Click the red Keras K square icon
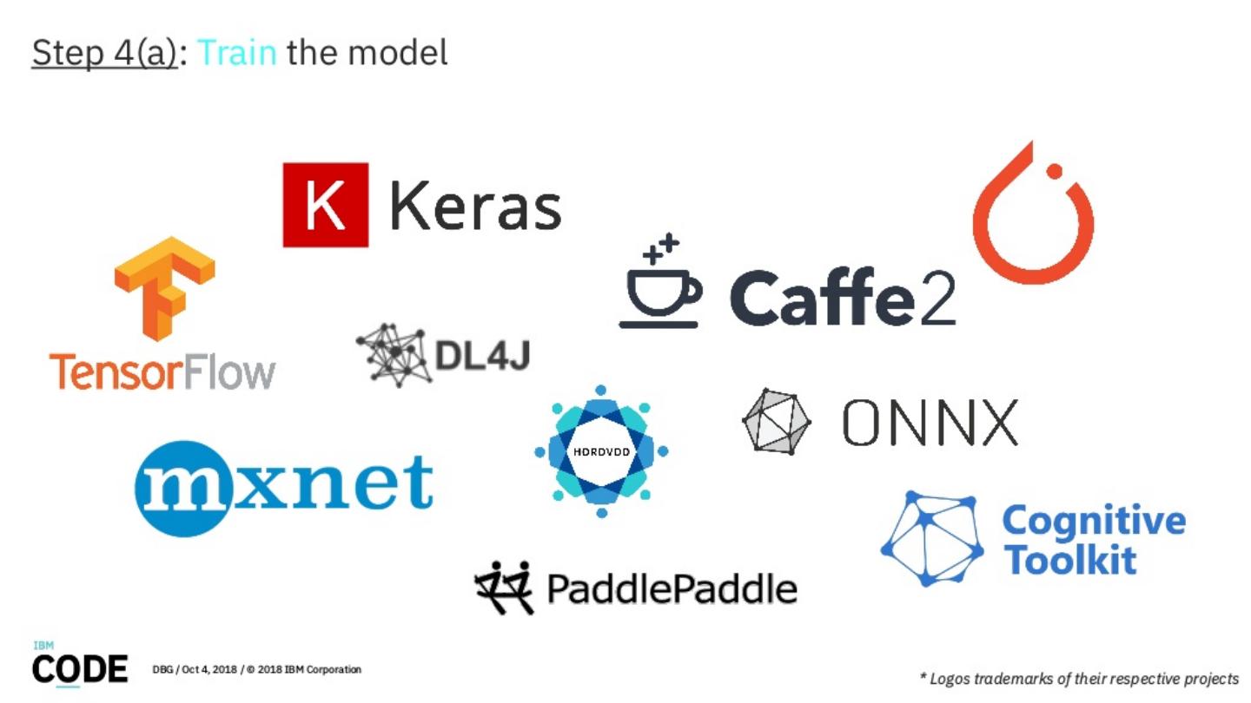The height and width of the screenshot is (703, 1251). pos(325,205)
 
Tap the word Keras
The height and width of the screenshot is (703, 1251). pos(475,207)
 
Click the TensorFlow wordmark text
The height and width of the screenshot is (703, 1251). pos(162,371)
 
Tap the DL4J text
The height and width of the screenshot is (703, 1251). pos(481,354)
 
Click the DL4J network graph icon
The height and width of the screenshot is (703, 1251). pos(393,354)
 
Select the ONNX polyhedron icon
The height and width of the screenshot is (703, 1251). pos(776,421)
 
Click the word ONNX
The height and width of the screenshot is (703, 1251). pos(930,423)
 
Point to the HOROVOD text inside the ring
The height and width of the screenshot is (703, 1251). pos(601,452)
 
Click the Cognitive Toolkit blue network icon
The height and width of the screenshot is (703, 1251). pos(932,538)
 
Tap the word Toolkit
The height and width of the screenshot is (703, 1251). pos(1069,559)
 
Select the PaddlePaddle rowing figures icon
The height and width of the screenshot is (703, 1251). pos(504,586)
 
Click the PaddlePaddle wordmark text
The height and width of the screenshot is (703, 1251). pos(672,589)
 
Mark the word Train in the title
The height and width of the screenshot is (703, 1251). pos(237,53)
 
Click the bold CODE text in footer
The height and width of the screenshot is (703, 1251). pos(80,668)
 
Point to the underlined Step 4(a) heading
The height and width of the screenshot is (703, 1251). pos(104,54)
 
